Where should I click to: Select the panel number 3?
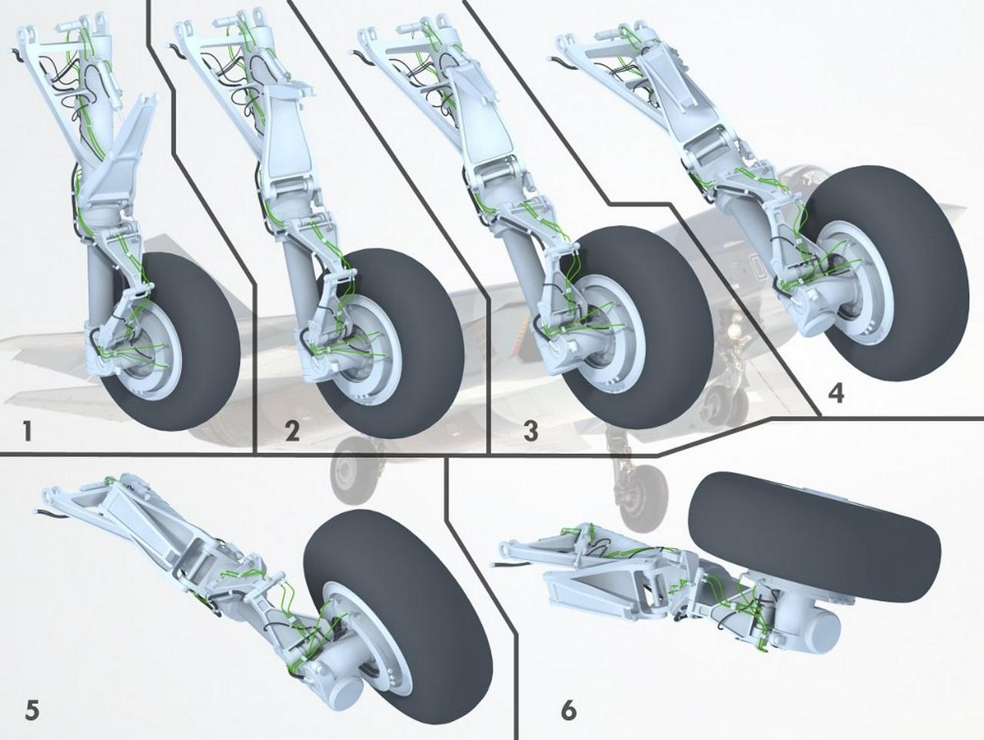click(x=530, y=431)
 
